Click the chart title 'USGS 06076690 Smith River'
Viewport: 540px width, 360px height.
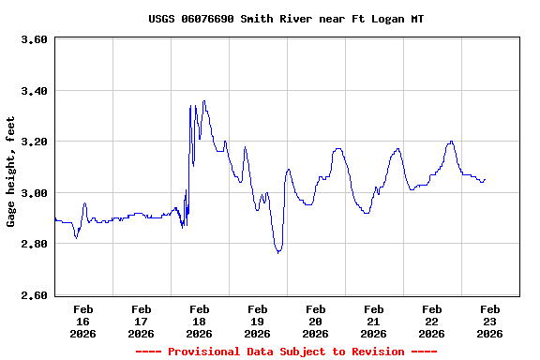click(286, 19)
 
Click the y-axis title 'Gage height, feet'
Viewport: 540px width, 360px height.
click(11, 172)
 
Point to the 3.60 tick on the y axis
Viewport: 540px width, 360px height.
click(34, 40)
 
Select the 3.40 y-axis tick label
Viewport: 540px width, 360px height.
click(34, 91)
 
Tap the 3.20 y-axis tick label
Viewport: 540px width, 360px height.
click(34, 142)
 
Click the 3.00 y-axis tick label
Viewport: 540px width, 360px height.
click(34, 193)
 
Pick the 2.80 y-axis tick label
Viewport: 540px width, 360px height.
click(34, 245)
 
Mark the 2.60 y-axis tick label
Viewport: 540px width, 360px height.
click(34, 295)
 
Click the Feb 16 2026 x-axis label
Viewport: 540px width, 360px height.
click(82, 321)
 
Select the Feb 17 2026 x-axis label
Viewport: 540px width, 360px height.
click(141, 321)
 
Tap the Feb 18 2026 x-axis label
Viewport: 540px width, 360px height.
click(199, 321)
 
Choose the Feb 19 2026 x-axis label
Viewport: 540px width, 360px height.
click(257, 321)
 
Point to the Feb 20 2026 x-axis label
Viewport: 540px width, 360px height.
click(315, 321)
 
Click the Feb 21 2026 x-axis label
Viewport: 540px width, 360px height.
click(373, 321)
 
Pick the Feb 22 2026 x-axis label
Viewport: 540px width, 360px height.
click(431, 321)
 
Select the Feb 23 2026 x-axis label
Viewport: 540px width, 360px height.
click(489, 321)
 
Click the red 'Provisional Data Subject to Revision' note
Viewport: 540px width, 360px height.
click(286, 352)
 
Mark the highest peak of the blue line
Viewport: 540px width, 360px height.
click(203, 101)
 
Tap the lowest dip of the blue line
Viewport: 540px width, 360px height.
click(277, 253)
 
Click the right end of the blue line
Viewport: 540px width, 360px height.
click(485, 179)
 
